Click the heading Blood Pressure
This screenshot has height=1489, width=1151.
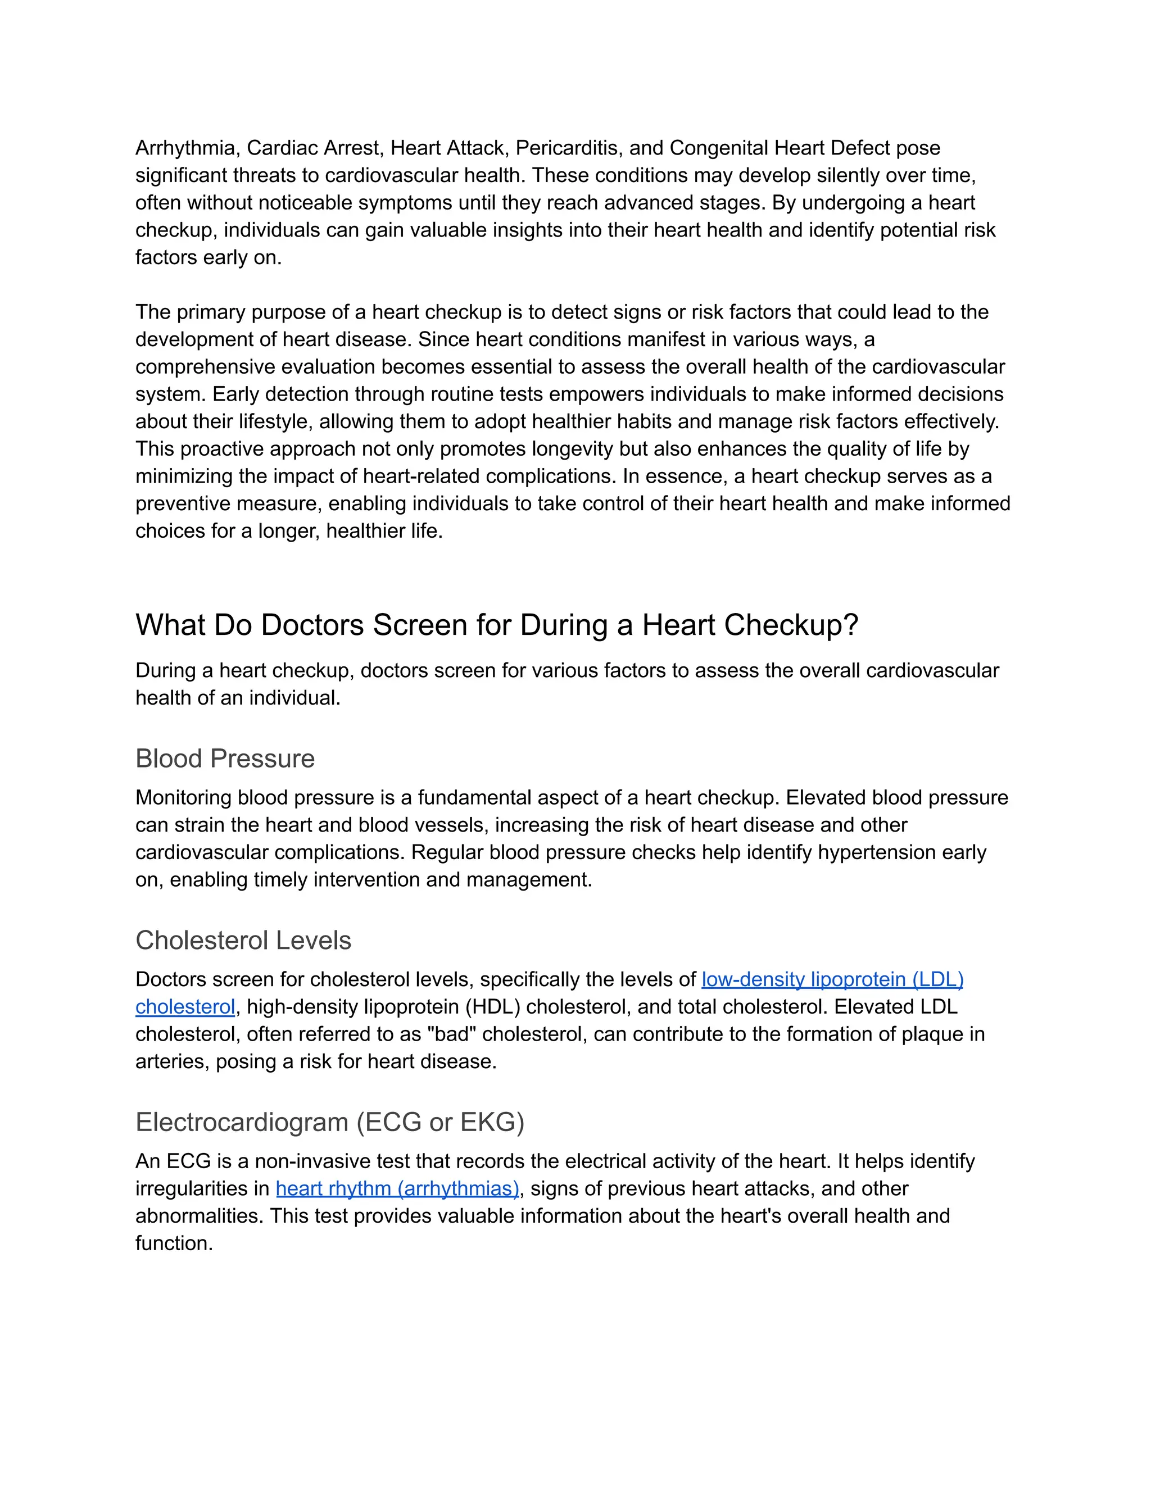tap(225, 759)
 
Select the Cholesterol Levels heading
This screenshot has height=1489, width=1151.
tap(243, 941)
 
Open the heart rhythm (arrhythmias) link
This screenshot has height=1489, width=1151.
tap(397, 1189)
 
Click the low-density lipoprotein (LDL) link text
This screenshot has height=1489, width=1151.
tap(832, 980)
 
